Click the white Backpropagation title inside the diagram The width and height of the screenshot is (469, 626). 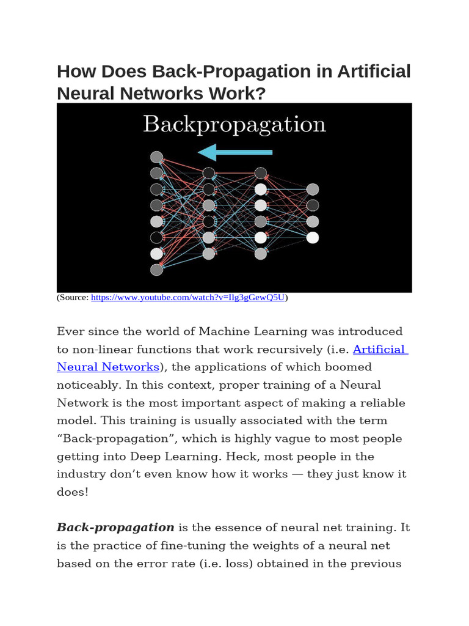click(x=234, y=125)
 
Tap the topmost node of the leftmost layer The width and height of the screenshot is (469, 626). click(x=156, y=157)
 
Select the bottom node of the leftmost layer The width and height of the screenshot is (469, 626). click(x=156, y=269)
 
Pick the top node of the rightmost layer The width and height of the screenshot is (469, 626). click(x=313, y=189)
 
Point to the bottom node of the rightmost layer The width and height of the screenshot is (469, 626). click(x=313, y=237)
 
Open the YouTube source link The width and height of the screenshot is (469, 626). click(x=188, y=298)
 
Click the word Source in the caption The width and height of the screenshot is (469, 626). click(x=74, y=298)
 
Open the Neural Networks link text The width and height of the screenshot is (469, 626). click(x=108, y=367)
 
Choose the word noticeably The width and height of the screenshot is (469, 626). click(x=87, y=385)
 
